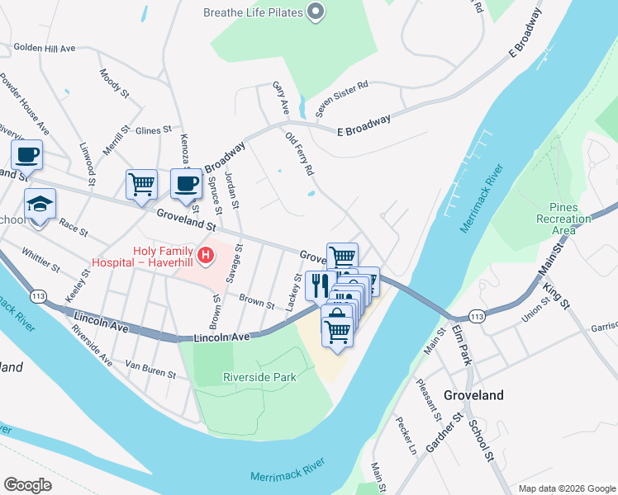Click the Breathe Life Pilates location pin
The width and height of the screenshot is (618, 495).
click(315, 12)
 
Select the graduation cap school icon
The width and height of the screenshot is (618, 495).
click(40, 205)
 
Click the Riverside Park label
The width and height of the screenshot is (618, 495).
click(259, 377)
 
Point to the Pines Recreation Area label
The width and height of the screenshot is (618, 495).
click(563, 219)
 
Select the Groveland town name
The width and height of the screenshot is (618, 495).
click(473, 395)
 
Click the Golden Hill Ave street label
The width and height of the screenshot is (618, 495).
click(44, 48)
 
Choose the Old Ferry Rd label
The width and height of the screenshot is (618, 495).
click(300, 153)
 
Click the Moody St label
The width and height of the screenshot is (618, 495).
click(115, 83)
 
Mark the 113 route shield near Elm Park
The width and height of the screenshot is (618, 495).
click(476, 316)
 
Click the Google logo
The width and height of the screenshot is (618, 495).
click(27, 485)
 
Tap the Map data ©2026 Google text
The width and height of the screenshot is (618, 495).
click(566, 488)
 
